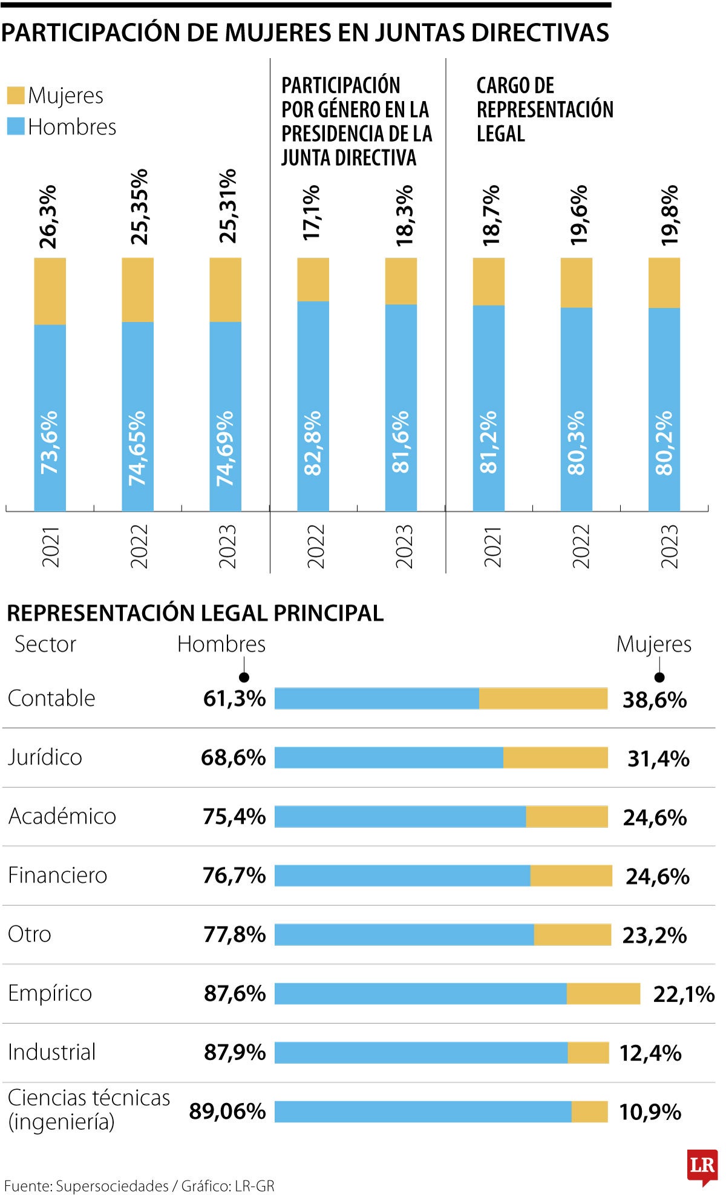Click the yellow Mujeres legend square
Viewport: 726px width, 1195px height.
pyautogui.click(x=16, y=96)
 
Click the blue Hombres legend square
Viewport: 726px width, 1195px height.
pyautogui.click(x=16, y=126)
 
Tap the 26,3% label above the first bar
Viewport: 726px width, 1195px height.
pyautogui.click(x=48, y=217)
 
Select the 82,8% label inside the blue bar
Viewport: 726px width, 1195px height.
pyautogui.click(x=313, y=443)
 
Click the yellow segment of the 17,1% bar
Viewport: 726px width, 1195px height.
pyautogui.click(x=313, y=280)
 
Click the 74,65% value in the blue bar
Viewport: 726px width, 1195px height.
pyautogui.click(x=137, y=448)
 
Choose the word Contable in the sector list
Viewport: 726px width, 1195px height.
pyautogui.click(x=51, y=698)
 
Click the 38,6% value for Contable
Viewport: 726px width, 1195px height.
pyautogui.click(x=655, y=700)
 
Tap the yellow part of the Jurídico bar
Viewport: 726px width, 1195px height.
pyautogui.click(x=555, y=758)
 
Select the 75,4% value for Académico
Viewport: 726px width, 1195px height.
pyautogui.click(x=234, y=817)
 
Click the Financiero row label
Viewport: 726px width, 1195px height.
pyautogui.click(x=57, y=876)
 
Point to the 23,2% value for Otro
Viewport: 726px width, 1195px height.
pyautogui.click(x=655, y=935)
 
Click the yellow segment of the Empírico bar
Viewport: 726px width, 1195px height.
pyautogui.click(x=603, y=994)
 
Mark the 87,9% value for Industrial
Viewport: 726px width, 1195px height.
pyautogui.click(x=235, y=1053)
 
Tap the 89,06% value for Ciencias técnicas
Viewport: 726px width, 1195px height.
pyautogui.click(x=227, y=1112)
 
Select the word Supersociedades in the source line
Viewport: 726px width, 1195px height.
pyautogui.click(x=112, y=1186)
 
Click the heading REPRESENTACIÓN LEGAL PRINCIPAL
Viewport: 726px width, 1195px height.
pyautogui.click(x=195, y=613)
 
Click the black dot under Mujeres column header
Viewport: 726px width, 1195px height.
pyautogui.click(x=659, y=677)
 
